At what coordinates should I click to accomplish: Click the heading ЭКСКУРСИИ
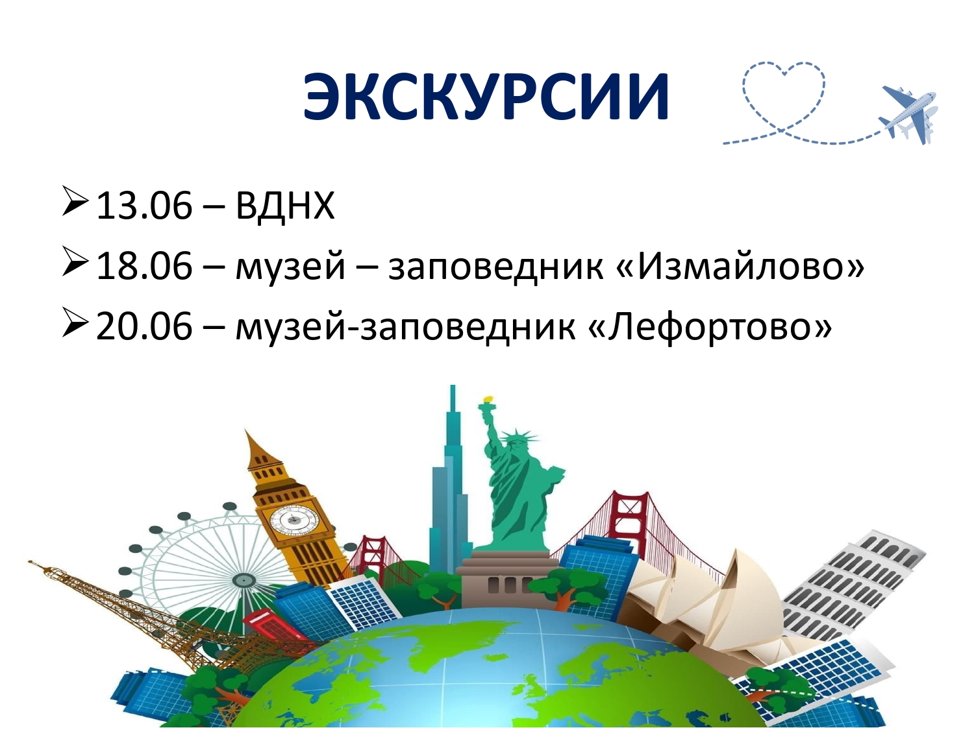[486, 96]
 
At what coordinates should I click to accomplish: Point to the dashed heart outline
[784, 95]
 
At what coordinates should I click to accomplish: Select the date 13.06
[144, 206]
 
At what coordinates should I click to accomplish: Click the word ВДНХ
[285, 206]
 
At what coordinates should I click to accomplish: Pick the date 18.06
[144, 265]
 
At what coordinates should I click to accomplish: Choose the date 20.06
[144, 326]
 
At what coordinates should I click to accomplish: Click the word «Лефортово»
[708, 326]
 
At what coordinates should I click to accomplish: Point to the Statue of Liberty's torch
[487, 401]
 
